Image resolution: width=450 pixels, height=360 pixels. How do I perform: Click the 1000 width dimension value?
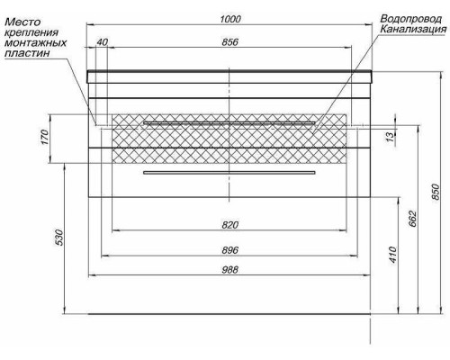pyautogui.click(x=230, y=19)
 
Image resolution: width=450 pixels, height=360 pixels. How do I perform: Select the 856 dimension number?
pyautogui.click(x=230, y=42)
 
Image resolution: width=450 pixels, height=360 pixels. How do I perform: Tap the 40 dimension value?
pyautogui.click(x=102, y=42)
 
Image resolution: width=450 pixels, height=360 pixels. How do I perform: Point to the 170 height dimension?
pyautogui.click(x=45, y=137)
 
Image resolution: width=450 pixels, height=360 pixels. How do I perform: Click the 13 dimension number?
pyautogui.click(x=390, y=137)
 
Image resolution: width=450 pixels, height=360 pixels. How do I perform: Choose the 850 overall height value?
pyautogui.click(x=435, y=192)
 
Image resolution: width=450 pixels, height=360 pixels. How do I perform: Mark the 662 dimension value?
pyautogui.click(x=413, y=219)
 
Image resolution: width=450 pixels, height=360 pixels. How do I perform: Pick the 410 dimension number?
pyautogui.click(x=392, y=255)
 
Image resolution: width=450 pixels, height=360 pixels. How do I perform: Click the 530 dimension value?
pyautogui.click(x=58, y=238)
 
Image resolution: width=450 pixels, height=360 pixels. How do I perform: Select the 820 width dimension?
pyautogui.click(x=230, y=225)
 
